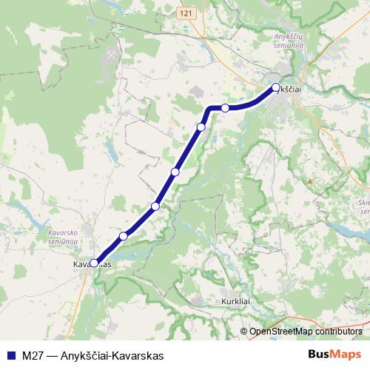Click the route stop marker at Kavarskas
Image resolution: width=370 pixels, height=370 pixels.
point(94,262)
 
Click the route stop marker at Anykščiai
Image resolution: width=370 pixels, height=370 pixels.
point(276,87)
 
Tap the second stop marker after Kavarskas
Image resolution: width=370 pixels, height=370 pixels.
point(155,206)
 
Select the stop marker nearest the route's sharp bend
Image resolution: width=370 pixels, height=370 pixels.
point(225,108)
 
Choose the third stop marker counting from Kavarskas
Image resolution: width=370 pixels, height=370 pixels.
point(175,172)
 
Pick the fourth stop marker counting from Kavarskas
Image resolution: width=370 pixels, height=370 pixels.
point(201,127)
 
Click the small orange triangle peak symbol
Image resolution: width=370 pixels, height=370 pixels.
point(312,180)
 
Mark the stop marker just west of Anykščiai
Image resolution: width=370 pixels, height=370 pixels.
point(225,108)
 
